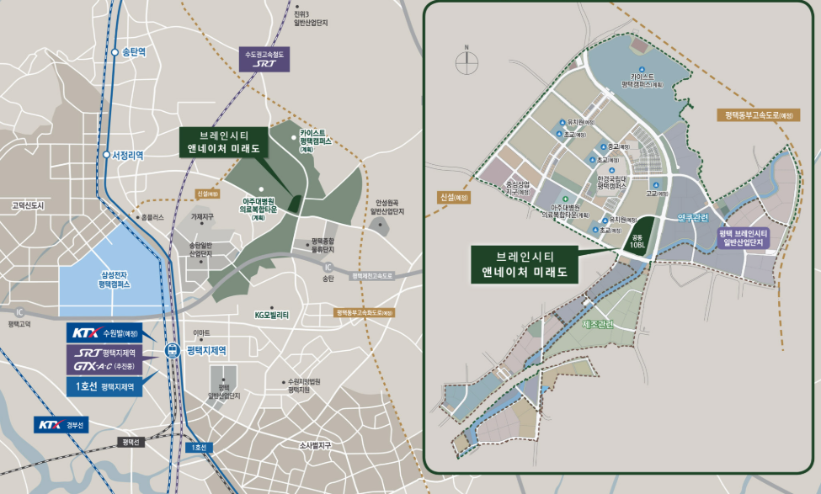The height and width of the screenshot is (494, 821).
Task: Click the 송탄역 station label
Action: pyautogui.click(x=134, y=52)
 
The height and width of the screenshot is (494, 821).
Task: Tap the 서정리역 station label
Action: pyautogui.click(x=127, y=155)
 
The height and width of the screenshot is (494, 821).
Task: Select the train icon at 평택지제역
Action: pyautogui.click(x=173, y=350)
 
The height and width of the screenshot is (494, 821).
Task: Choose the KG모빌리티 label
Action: pyautogui.click(x=271, y=315)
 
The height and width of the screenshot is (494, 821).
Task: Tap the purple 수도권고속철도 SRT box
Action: pyautogui.click(x=266, y=60)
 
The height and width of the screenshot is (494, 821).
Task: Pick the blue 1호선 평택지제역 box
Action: pyautogui.click(x=104, y=388)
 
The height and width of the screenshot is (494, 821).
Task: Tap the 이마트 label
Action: pyautogui.click(x=201, y=333)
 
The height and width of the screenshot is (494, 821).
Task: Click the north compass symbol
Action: pyautogui.click(x=466, y=61)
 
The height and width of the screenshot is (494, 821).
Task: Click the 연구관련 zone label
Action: pyautogui.click(x=695, y=217)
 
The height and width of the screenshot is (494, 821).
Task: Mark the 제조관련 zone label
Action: pyautogui.click(x=598, y=323)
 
